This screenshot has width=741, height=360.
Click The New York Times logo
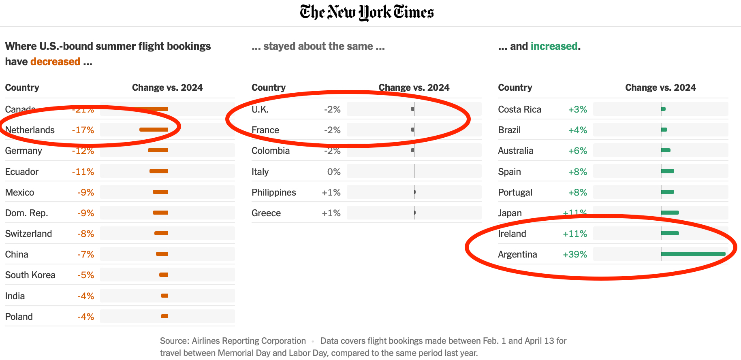pyautogui.click(x=367, y=13)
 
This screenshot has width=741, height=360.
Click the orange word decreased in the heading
pyautogui.click(x=55, y=62)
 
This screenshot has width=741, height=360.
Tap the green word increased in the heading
pyautogui.click(x=554, y=46)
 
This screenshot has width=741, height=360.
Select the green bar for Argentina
pyautogui.click(x=693, y=254)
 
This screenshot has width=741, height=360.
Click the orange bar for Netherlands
pyautogui.click(x=154, y=130)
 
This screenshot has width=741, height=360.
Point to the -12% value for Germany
pyautogui.click(x=83, y=151)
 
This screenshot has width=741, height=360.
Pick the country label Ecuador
pyautogui.click(x=22, y=172)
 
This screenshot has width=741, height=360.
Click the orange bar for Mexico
pyautogui.click(x=160, y=192)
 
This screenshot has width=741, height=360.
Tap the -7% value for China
pyautogui.click(x=85, y=254)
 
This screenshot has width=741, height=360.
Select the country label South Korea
pyautogui.click(x=30, y=275)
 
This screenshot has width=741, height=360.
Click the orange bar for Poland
pyautogui.click(x=164, y=316)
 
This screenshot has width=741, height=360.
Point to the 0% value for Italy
pyautogui.click(x=334, y=172)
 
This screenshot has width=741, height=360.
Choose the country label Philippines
pyautogui.click(x=274, y=192)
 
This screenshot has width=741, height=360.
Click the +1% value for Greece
pyautogui.click(x=331, y=213)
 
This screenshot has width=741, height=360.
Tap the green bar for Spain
pyautogui.click(x=667, y=171)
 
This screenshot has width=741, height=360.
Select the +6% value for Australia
pyautogui.click(x=577, y=151)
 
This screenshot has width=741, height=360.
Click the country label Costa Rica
pyautogui.click(x=519, y=109)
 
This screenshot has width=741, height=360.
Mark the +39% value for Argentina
pyautogui.click(x=575, y=254)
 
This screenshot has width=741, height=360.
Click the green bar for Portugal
pyautogui.click(x=667, y=192)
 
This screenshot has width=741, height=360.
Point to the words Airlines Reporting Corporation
pyautogui.click(x=249, y=341)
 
